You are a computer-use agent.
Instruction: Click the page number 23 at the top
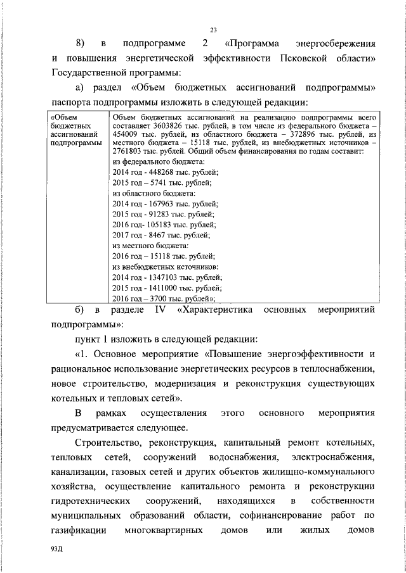coord(213,29)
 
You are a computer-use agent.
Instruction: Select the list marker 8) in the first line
coord(80,43)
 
